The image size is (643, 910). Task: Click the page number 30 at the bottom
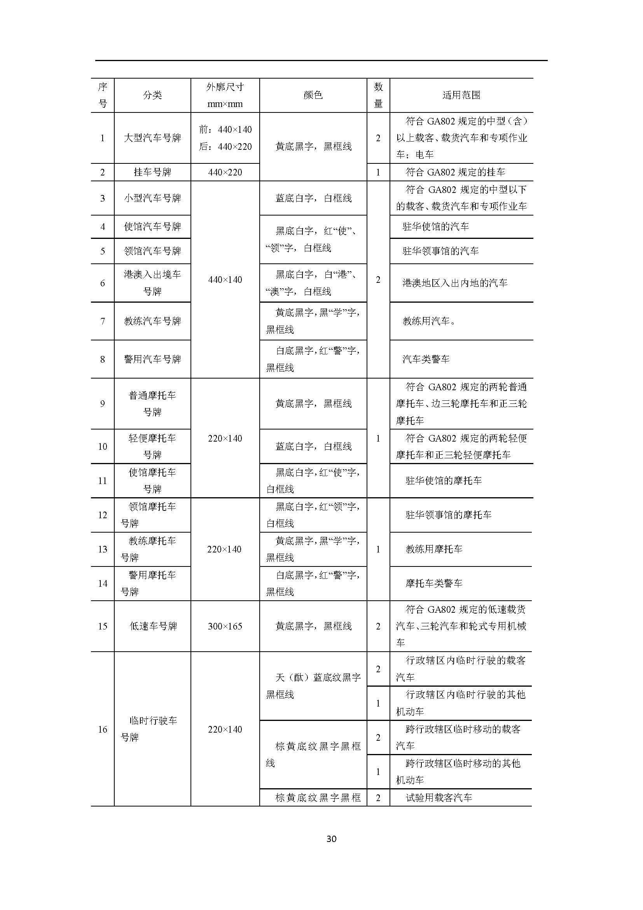click(331, 838)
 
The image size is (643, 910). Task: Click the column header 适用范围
click(461, 95)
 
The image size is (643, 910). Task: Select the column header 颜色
click(313, 95)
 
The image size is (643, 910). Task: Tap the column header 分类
click(152, 95)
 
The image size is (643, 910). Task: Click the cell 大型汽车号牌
click(152, 138)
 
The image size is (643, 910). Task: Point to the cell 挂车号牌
click(152, 172)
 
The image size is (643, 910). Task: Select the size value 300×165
click(225, 626)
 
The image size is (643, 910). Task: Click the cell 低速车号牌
click(153, 626)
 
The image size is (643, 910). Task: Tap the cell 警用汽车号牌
click(152, 359)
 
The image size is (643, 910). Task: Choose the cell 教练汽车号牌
click(152, 321)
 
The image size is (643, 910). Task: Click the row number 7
click(103, 321)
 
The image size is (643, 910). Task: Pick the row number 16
click(103, 729)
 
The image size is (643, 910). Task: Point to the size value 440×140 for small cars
click(225, 280)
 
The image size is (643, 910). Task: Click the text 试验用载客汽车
click(439, 798)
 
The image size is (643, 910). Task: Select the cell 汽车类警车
click(426, 359)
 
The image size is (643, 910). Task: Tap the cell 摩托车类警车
click(434, 584)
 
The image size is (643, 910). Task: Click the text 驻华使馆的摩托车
click(444, 481)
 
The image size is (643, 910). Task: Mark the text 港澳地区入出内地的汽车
click(454, 283)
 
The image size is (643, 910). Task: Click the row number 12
click(103, 515)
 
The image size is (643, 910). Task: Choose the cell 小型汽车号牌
click(152, 198)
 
